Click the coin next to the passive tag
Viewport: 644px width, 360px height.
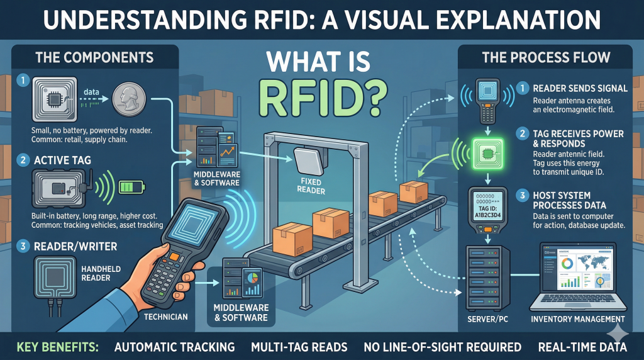point(130,99)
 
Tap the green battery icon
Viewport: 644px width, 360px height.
point(133,186)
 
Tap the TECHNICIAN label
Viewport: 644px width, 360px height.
point(166,317)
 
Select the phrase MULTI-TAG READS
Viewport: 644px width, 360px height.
point(299,347)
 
